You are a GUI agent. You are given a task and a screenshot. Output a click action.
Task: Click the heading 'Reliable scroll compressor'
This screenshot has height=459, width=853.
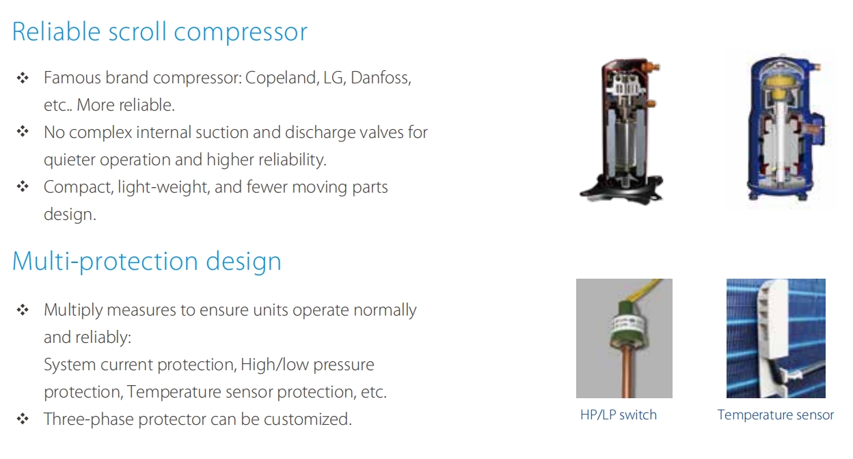coord(159,31)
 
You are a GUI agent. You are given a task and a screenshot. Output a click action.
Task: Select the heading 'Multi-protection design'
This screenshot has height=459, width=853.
coord(146,262)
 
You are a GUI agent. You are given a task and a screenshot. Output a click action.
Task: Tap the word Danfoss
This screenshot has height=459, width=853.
coord(381,78)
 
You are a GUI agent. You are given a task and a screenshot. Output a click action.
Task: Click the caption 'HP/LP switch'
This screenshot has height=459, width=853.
coord(619,415)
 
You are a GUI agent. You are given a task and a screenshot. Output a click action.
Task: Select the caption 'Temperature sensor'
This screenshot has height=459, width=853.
coord(775,415)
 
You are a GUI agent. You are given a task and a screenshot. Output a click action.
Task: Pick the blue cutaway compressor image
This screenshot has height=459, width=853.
coord(785,128)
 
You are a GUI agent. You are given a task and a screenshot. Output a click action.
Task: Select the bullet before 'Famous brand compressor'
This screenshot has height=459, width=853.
coord(23,78)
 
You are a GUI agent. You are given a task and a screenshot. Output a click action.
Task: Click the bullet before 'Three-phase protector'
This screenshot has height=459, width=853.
coord(23,419)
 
